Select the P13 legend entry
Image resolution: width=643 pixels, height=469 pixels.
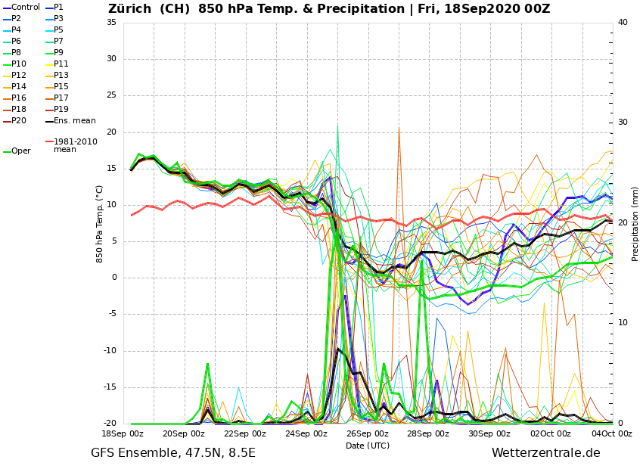pos(61,76)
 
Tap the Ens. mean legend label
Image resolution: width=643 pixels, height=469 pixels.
pos(74,121)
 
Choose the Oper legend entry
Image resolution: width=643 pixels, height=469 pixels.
pos(21,151)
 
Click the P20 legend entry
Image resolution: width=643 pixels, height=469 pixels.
pos(19,121)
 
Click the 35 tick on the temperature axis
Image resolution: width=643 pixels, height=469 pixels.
pos(111,23)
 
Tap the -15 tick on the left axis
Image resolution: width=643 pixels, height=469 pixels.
pos(110,387)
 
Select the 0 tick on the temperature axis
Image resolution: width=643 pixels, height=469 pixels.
pos(113,278)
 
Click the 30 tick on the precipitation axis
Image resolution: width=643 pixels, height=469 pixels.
pos(623,123)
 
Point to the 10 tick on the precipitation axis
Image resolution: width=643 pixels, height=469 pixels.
pos(623,323)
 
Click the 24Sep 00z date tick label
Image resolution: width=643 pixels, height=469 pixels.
pos(306,434)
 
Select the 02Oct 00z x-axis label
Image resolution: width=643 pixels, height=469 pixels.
pos(551,434)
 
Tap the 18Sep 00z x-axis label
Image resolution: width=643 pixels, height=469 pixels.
pos(123,434)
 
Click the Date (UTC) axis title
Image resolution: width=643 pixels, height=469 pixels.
pos(368,446)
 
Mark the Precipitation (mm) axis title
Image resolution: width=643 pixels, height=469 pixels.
pos(635,223)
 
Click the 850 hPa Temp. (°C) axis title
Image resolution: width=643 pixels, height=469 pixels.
pos(100,223)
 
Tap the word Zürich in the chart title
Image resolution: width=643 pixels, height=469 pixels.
pos(130,9)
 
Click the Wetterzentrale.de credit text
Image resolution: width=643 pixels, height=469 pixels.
pos(545,453)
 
